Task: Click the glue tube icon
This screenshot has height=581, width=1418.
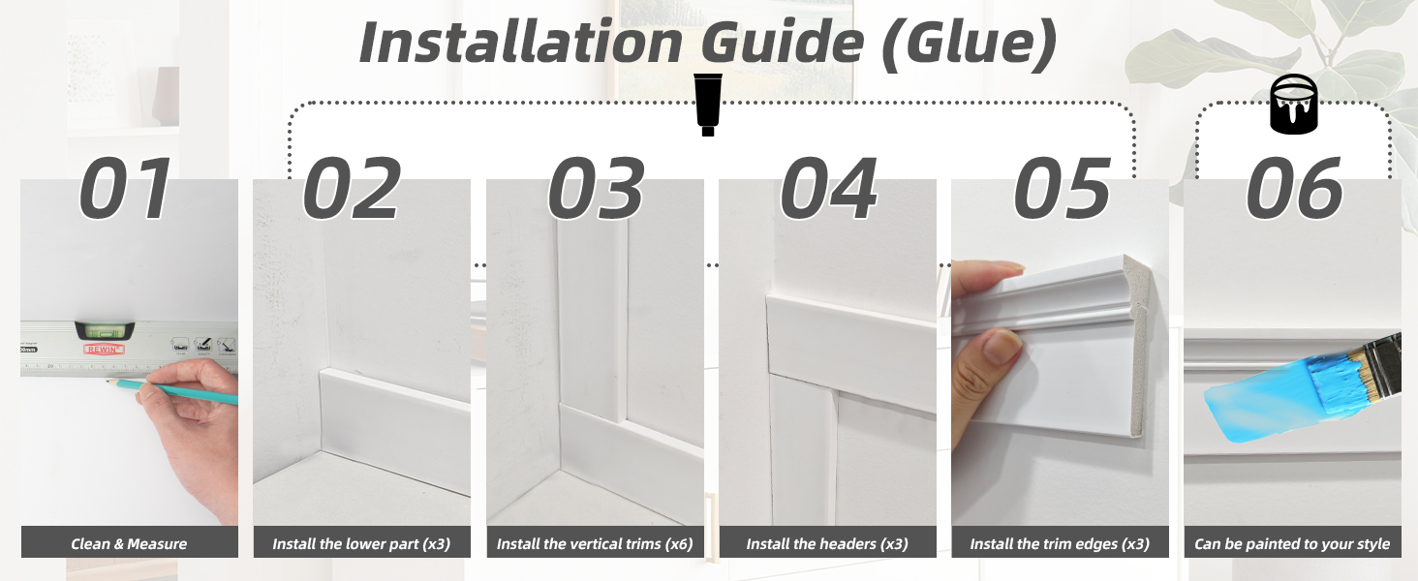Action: pos(708,105)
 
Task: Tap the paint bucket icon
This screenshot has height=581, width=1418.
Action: pos(1294,105)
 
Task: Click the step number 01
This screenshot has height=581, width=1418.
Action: pos(125,189)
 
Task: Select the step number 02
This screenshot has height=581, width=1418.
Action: pos(352,189)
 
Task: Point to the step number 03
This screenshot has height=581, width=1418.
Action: pos(596,189)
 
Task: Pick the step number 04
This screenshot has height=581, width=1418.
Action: pos(829,189)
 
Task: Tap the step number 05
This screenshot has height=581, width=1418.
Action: pos(1063,189)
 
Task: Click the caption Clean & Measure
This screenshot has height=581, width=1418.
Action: pos(129,543)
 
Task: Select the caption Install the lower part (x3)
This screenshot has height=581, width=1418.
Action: pos(361,544)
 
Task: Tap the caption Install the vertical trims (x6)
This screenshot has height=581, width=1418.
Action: pos(595,544)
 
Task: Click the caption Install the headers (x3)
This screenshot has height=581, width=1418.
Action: pos(827,544)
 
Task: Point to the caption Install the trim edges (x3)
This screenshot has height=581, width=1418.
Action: pos(1060,544)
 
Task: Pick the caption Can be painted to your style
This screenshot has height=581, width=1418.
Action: pos(1292,544)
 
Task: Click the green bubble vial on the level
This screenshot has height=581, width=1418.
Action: pos(105,330)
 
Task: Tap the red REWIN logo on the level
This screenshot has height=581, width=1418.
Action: pos(104,350)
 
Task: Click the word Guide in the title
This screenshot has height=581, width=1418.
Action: pos(783,43)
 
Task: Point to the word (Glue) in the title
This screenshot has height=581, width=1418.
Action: pos(970,45)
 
